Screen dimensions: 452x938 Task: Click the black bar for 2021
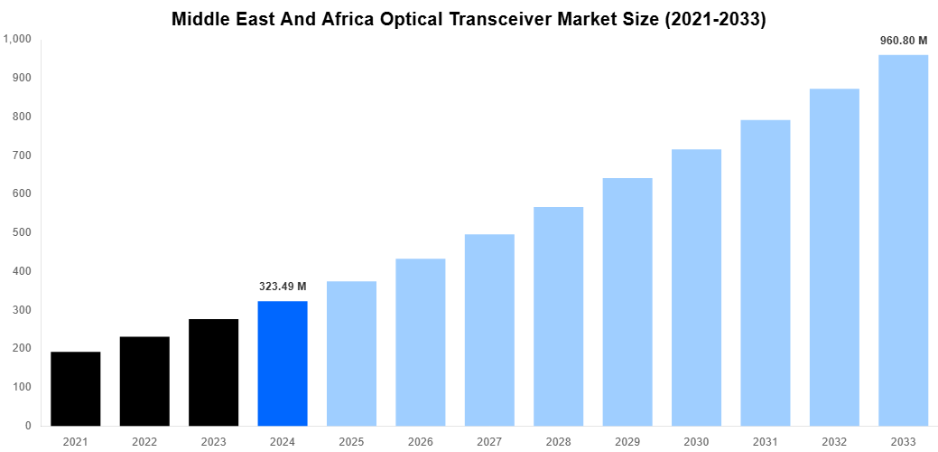[x=76, y=389]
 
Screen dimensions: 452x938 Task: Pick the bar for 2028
[x=558, y=316]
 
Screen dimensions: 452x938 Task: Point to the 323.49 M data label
[x=283, y=287]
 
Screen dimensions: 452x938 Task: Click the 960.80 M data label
[x=903, y=41]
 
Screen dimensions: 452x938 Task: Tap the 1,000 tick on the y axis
[x=17, y=40]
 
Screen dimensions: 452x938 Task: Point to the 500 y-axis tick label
[x=23, y=232]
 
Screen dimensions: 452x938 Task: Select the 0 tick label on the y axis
[x=29, y=426]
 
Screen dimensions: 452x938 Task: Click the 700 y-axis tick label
[x=23, y=155]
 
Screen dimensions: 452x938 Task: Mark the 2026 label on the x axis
[x=421, y=441]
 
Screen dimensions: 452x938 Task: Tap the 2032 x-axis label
[x=834, y=441]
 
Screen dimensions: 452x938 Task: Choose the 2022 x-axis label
[x=144, y=441]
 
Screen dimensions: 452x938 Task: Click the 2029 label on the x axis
[x=627, y=441]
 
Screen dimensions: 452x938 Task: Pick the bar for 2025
[x=351, y=353]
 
